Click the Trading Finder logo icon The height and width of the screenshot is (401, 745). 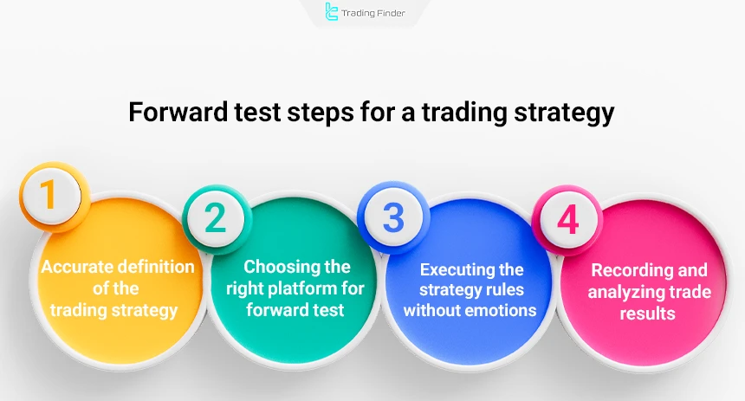tap(332, 12)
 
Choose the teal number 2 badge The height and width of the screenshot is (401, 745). tap(215, 217)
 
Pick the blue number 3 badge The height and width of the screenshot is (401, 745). tap(393, 217)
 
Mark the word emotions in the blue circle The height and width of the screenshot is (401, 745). tap(499, 310)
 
